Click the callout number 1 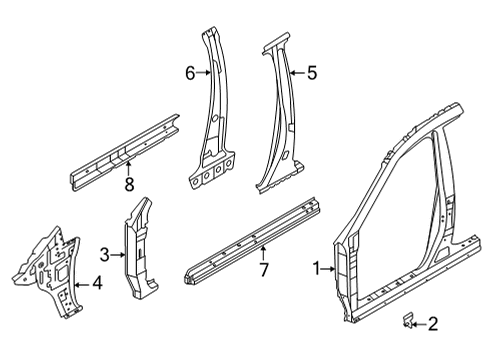pyautogui.click(x=318, y=267)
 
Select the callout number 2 pyautogui.click(x=432, y=322)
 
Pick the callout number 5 pyautogui.click(x=311, y=72)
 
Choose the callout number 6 pyautogui.click(x=188, y=71)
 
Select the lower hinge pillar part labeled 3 pyautogui.click(x=138, y=250)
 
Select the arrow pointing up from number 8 pyautogui.click(x=128, y=168)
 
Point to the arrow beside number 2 pyautogui.click(x=421, y=322)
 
